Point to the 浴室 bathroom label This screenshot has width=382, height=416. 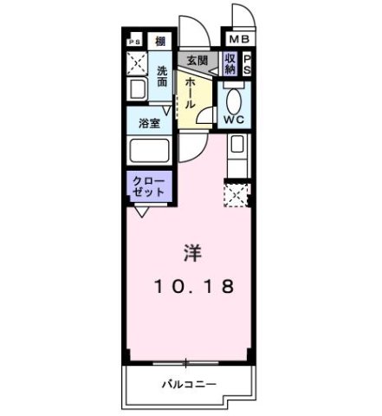pos(149,123)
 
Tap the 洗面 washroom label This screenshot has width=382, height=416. pos(163,75)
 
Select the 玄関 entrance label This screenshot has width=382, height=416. pos(197,61)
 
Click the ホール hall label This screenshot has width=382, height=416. pos(190,91)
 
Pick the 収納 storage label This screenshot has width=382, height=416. pos(230,63)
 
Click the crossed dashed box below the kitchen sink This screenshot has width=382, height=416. pos(236,194)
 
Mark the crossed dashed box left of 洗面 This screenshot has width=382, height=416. pos(138,63)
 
